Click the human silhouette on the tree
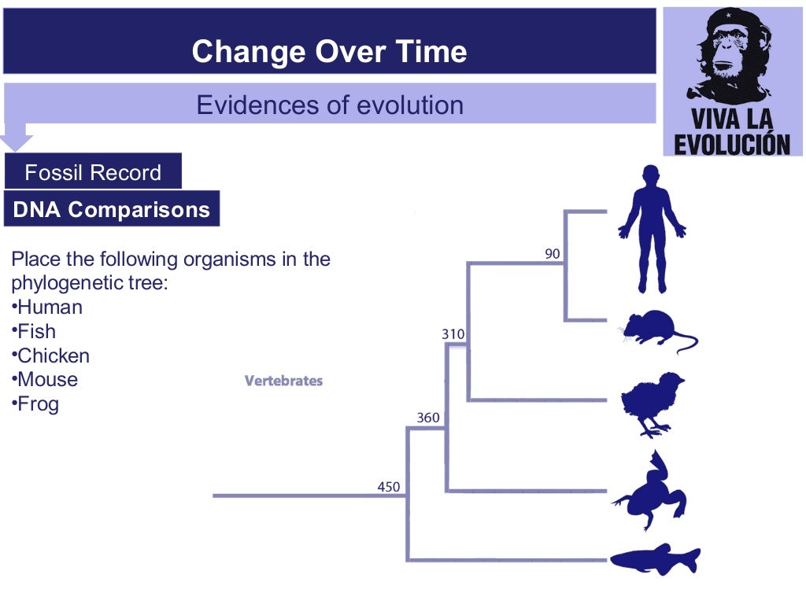coord(652,228)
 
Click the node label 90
coord(553,253)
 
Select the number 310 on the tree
coord(453,334)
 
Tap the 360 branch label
coord(428,418)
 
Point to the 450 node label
coord(389,487)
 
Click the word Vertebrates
coord(284,381)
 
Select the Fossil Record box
coord(93,172)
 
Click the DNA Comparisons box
coord(112,210)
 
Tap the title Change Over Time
coord(329,52)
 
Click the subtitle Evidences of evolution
coord(329,105)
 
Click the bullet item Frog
coord(38,404)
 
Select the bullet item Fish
coord(36,331)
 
